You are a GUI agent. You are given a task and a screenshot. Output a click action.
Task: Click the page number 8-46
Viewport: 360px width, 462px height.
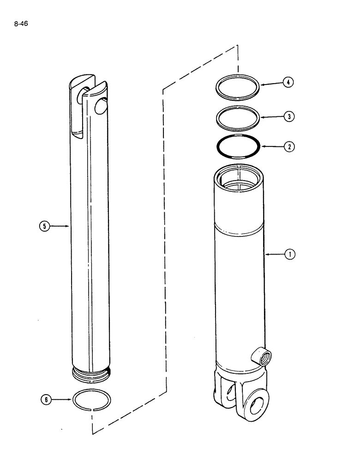click(x=21, y=24)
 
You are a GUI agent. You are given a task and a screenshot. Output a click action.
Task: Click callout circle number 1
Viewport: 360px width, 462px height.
click(x=289, y=254)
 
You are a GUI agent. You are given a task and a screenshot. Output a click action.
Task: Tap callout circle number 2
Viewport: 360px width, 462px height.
click(x=289, y=146)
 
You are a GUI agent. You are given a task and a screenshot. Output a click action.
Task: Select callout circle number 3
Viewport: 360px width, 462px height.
click(x=289, y=116)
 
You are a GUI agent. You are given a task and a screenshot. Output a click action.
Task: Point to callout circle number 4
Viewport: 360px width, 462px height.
click(x=288, y=83)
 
